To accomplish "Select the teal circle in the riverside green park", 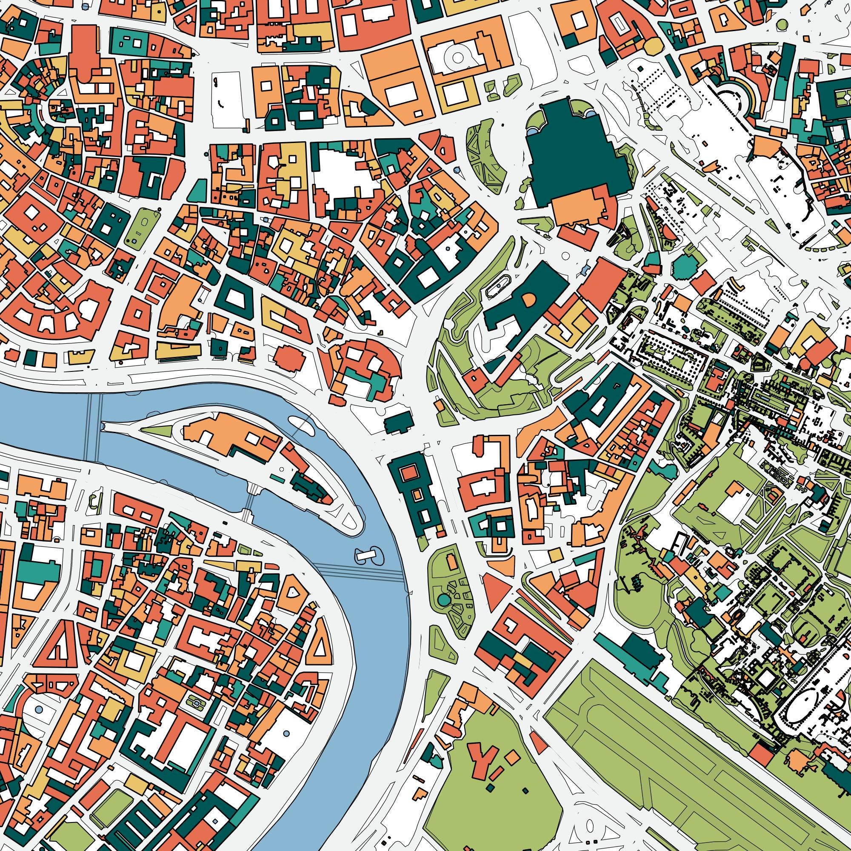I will coord(443,599).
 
